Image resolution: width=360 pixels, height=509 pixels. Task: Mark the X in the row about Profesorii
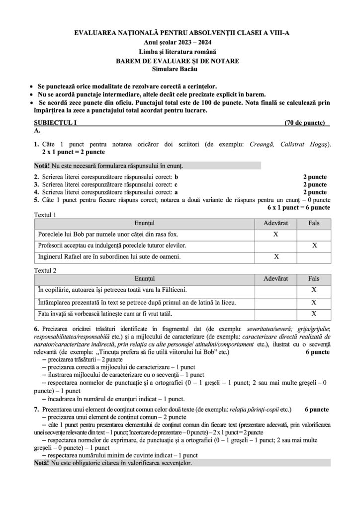pos(314,245)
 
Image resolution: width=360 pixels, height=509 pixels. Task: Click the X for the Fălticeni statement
pos(314,289)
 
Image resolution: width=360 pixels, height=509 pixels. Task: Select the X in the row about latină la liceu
pos(314,302)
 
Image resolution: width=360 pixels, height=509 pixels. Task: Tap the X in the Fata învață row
pos(314,314)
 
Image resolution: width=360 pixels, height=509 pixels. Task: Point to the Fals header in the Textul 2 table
pos(314,279)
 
